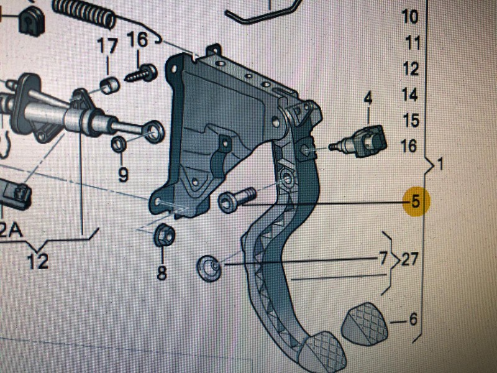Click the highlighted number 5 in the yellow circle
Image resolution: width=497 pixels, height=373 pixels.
pyautogui.click(x=416, y=201)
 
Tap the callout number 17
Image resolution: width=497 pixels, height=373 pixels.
pyautogui.click(x=107, y=46)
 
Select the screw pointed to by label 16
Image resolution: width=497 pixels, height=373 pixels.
pyautogui.click(x=142, y=73)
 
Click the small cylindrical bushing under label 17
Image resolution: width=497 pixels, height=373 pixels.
pyautogui.click(x=110, y=85)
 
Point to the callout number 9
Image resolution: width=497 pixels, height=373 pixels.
pyautogui.click(x=122, y=174)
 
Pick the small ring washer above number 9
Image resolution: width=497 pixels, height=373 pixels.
pyautogui.click(x=119, y=144)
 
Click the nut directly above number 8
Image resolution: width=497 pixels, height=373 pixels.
pyautogui.click(x=164, y=235)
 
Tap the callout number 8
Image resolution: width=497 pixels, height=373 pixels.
pyautogui.click(x=162, y=272)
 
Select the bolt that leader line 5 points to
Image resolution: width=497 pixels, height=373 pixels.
pyautogui.click(x=236, y=200)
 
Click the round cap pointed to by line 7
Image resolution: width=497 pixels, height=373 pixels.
pyautogui.click(x=208, y=268)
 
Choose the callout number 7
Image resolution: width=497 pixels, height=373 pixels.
pyautogui.click(x=383, y=258)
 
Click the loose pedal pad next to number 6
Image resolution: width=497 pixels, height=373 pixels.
pyautogui.click(x=365, y=324)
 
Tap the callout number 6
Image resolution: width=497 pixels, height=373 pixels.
pyautogui.click(x=413, y=319)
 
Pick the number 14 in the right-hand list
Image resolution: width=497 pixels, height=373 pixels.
pyautogui.click(x=410, y=94)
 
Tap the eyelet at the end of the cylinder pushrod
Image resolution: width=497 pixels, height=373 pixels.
pyautogui.click(x=153, y=132)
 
